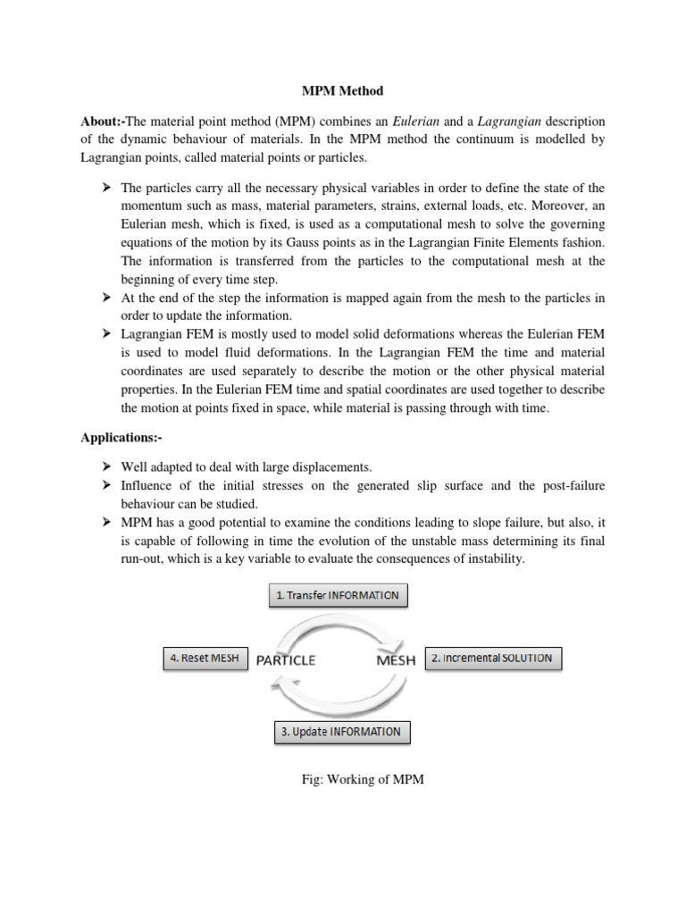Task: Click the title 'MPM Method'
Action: click(x=343, y=90)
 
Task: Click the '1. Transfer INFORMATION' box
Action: click(x=339, y=596)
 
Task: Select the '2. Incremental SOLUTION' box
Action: click(x=492, y=659)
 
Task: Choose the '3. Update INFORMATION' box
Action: click(x=342, y=732)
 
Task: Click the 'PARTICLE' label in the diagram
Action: click(x=287, y=661)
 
